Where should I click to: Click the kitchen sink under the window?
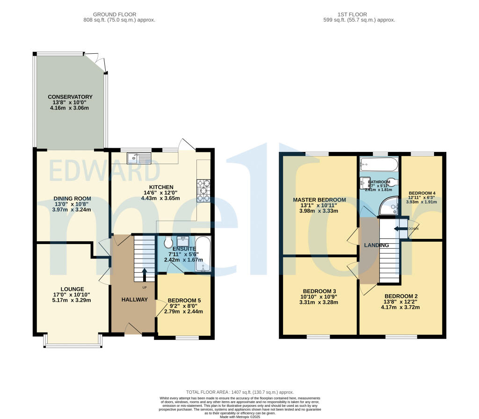coord(138,158)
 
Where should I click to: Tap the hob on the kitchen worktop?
coord(203,190)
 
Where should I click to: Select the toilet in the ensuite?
coord(168,243)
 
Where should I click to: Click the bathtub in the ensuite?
coord(203,254)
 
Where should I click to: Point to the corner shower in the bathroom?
coord(389,207)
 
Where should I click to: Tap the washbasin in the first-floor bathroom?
coord(365,182)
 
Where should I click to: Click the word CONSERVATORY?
coord(70,97)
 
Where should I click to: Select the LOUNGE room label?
coord(72,289)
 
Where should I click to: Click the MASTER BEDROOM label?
coord(319,200)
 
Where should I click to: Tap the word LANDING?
coord(377,245)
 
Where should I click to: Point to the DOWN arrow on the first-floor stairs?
coord(400,229)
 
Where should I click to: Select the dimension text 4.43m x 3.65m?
coord(160,198)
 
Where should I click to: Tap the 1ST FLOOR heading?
coord(359,14)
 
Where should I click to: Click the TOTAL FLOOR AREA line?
coord(239,392)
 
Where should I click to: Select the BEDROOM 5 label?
coord(183,300)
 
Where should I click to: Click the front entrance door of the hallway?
coord(133,331)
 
